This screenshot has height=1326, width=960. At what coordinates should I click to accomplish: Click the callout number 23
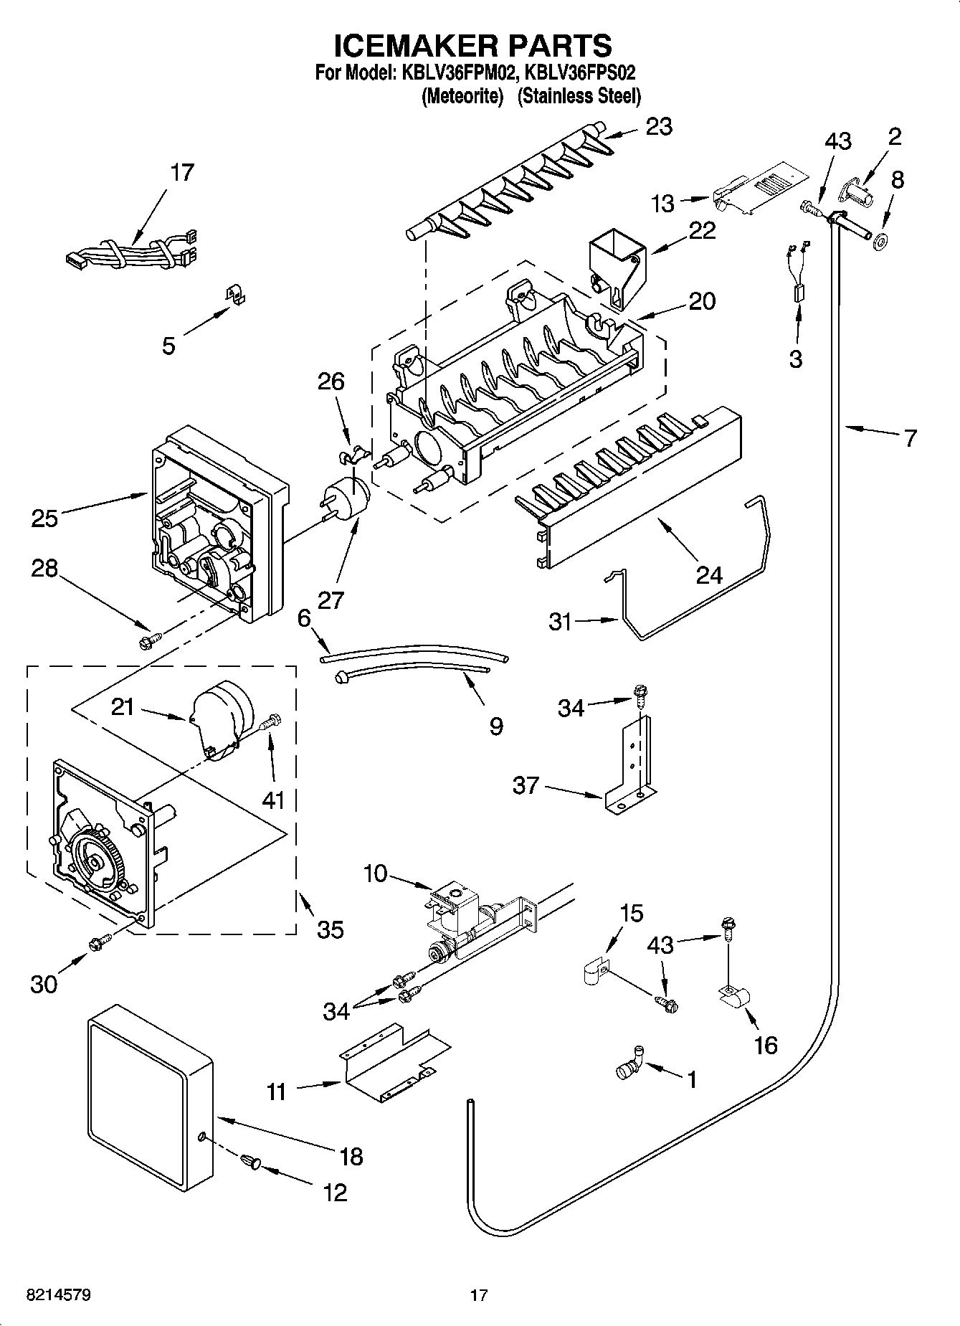click(x=659, y=126)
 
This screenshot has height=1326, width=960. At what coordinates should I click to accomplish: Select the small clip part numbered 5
click(x=232, y=295)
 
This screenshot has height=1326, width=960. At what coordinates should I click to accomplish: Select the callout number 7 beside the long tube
click(x=910, y=437)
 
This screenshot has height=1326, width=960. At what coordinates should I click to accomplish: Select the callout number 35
click(x=331, y=929)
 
